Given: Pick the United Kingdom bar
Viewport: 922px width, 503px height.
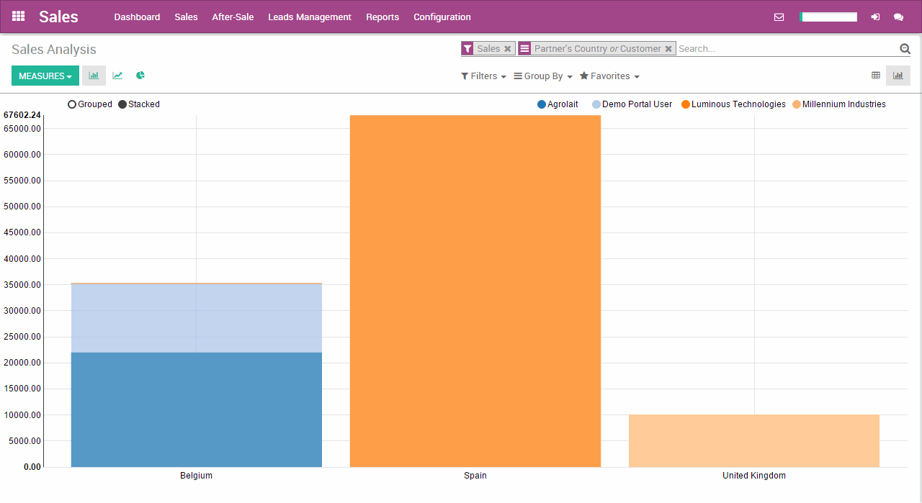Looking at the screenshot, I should (x=753, y=440).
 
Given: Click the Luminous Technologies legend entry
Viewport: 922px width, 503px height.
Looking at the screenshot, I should (x=733, y=104).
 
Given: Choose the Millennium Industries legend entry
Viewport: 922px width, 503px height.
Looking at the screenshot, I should (x=839, y=104).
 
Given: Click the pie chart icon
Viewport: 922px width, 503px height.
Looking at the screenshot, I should (x=140, y=76).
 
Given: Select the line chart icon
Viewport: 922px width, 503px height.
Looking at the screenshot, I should (x=117, y=76).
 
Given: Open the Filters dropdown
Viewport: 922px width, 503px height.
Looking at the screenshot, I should (x=483, y=76).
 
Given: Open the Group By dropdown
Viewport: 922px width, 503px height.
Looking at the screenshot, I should (x=543, y=76).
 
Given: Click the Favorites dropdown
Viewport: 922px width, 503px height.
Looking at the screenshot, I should (x=609, y=76).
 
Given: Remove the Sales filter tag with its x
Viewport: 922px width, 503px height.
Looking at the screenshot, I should (x=507, y=49).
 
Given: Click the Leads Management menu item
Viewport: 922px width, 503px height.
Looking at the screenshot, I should (x=310, y=17).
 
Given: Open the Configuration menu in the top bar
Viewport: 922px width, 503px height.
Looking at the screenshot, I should (x=442, y=17).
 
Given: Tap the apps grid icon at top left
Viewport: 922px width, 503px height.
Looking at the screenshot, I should (x=19, y=17).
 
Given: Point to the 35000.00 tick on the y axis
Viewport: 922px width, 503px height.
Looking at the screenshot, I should (x=22, y=285).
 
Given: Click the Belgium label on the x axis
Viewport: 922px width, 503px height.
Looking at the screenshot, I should (x=196, y=476).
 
